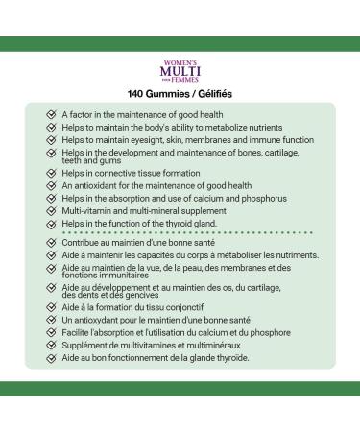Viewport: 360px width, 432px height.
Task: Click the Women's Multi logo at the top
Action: point(180,71)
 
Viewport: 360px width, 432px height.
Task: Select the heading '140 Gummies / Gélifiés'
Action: point(180,94)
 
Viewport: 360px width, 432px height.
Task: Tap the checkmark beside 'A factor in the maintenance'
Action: point(50,113)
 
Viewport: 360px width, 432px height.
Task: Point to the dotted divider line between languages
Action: point(180,233)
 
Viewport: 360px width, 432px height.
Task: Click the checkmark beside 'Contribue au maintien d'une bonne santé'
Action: point(50,243)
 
